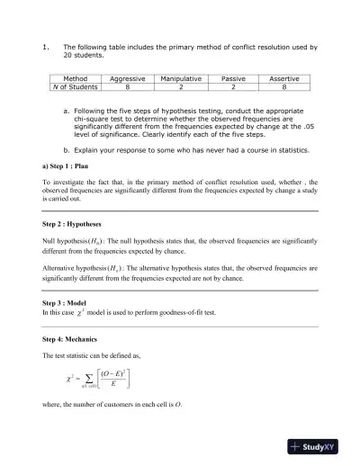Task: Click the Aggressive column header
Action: coord(127,79)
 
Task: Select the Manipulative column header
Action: coord(180,79)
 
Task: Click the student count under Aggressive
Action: coord(127,87)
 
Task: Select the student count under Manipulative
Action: coord(180,87)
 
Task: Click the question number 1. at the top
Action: coord(44,45)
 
